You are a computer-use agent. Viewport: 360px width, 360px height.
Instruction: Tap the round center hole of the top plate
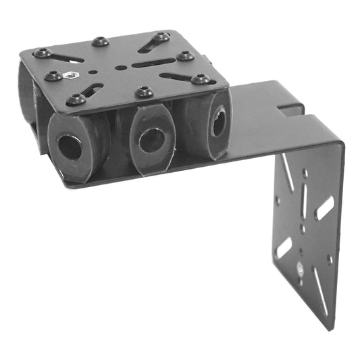point(120,68)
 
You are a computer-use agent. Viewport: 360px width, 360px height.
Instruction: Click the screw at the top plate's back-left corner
point(43,53)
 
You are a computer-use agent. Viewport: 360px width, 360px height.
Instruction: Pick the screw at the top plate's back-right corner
point(161,36)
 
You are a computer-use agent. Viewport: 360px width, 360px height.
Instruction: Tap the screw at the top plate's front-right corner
point(201,79)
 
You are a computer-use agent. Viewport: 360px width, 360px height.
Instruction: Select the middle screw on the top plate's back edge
point(100,42)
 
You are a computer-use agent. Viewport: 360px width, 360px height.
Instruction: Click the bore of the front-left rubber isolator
point(70,147)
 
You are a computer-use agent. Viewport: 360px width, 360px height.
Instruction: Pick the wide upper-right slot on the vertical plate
point(324,208)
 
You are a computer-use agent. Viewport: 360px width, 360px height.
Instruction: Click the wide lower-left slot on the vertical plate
point(284,248)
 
